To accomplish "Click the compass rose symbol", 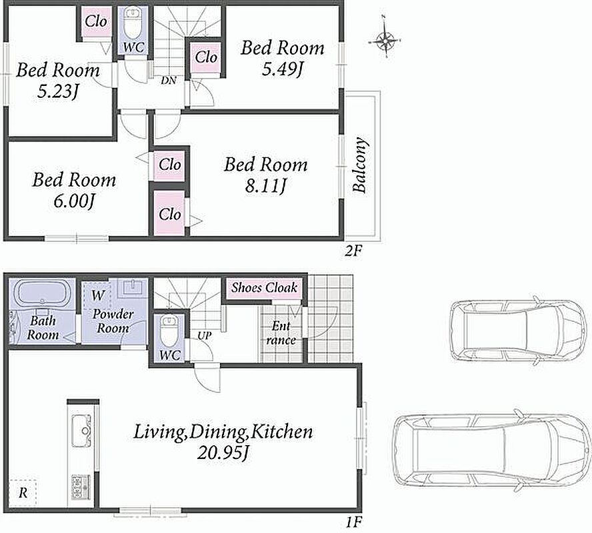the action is coord(385,39).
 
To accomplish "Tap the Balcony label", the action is coord(359,165).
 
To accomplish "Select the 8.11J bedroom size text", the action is coord(266,186).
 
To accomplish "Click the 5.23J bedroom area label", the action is coord(58,91).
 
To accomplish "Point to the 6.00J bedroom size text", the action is coord(74,201).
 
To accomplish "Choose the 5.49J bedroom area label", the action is coord(283,69).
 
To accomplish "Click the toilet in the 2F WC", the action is coord(133,25).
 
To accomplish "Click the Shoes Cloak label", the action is coord(264,288).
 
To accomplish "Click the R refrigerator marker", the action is coord(23,492).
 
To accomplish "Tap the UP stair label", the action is coord(205,335).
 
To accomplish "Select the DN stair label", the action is coord(169,80).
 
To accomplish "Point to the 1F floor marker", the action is coord(354,522).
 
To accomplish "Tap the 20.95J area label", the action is coord(223,452).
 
